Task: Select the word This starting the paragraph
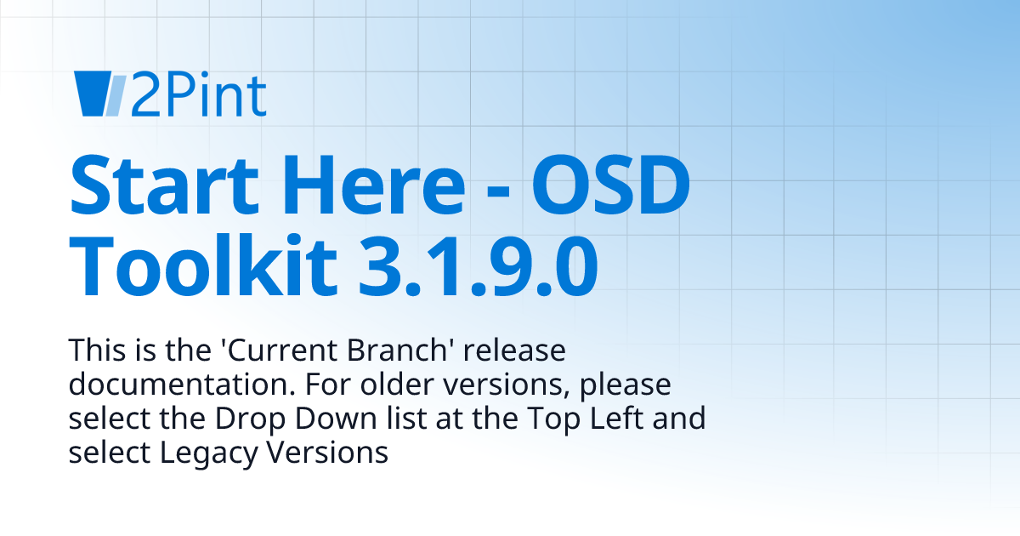click(94, 351)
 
